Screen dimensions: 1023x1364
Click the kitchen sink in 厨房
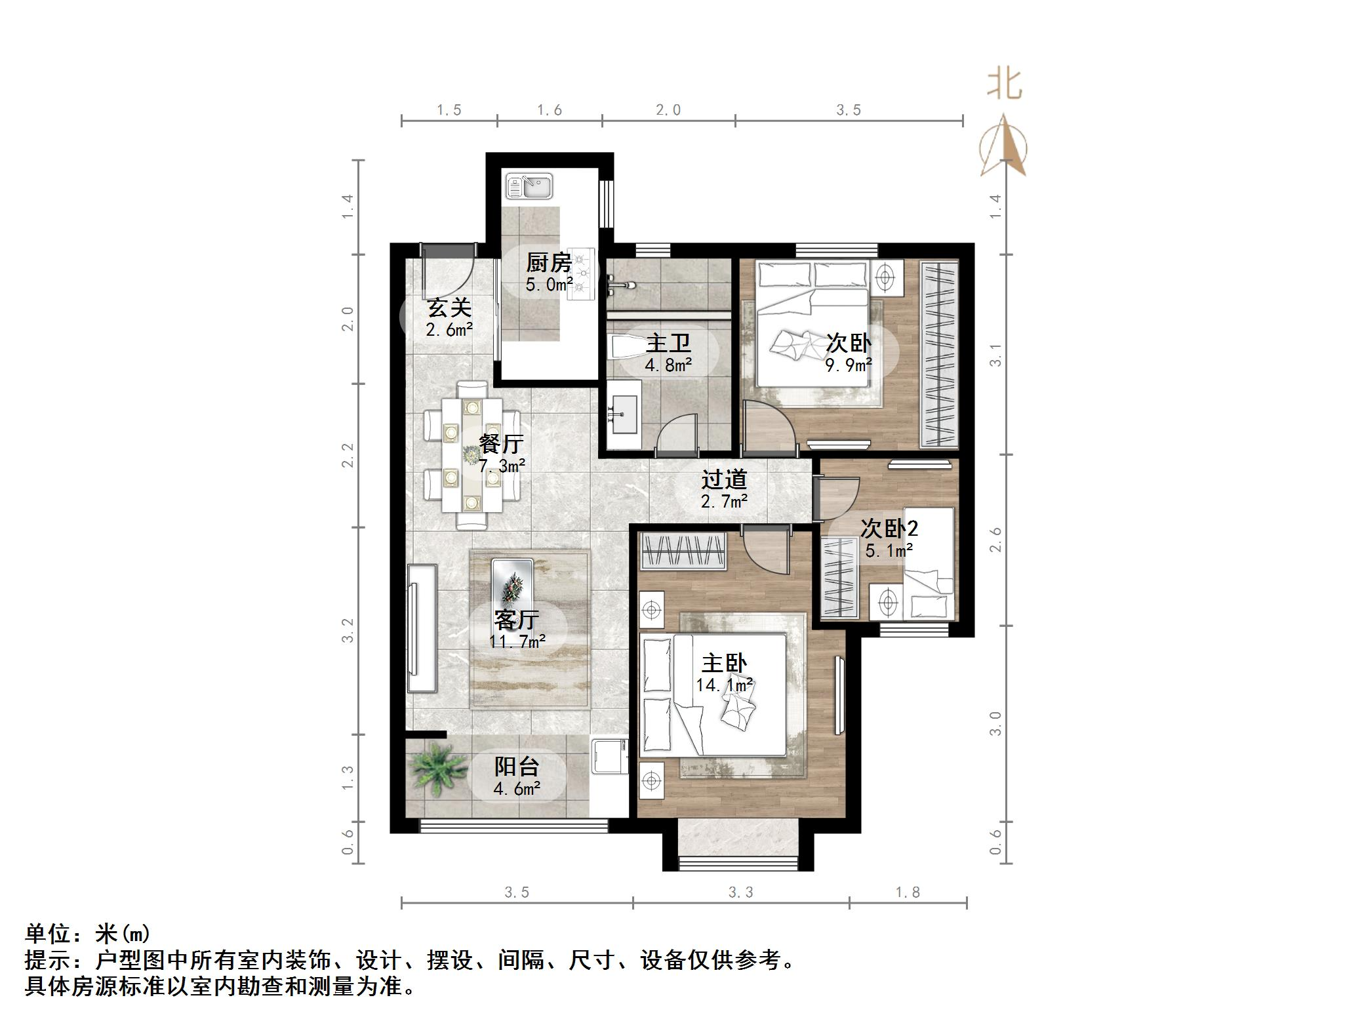[x=530, y=186]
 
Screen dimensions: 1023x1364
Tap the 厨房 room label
[x=548, y=263]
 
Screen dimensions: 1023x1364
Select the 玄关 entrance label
[x=449, y=308]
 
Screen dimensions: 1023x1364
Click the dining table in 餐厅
[x=471, y=454]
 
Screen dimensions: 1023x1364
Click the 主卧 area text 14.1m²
[x=724, y=686]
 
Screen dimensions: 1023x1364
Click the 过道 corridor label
[x=724, y=480]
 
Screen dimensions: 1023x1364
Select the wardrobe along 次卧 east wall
[x=939, y=354]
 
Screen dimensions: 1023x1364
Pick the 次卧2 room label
[x=889, y=529]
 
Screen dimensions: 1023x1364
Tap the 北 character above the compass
[x=1005, y=85]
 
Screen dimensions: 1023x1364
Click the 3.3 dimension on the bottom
[x=741, y=893]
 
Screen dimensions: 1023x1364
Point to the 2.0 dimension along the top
[x=668, y=110]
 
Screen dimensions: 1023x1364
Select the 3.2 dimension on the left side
[x=348, y=630]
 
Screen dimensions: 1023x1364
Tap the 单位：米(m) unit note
[x=88, y=933]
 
